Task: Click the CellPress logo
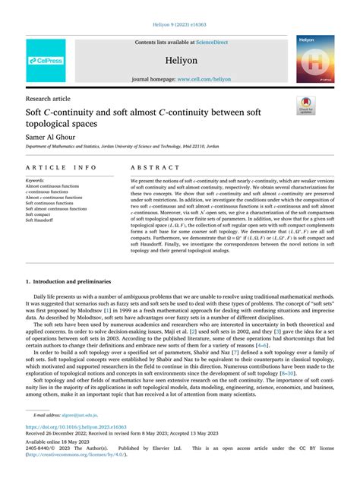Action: [x=46, y=59]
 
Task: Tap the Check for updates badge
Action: [x=306, y=105]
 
